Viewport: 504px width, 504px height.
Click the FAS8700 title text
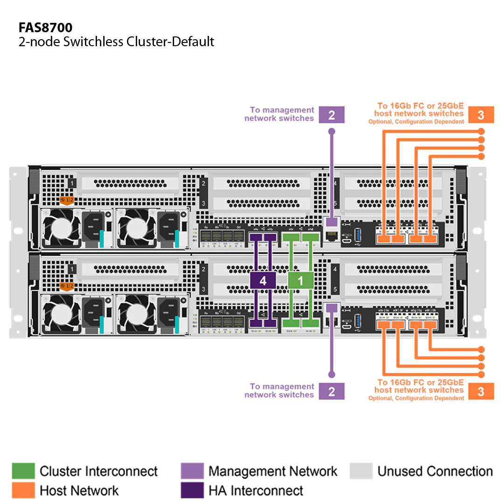pos(45,27)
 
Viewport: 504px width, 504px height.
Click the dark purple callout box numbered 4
pos(263,280)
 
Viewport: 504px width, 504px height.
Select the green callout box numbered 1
pos(301,280)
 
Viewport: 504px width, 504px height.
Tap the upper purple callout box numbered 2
pos(331,115)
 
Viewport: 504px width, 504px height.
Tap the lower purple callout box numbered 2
pos(331,391)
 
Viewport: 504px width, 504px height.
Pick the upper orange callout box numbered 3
pos(481,115)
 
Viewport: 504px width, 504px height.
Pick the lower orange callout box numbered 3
pos(481,391)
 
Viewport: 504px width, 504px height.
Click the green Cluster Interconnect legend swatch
pos(23,471)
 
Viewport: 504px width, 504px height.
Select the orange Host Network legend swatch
pos(23,490)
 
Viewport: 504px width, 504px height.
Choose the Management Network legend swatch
pos(192,471)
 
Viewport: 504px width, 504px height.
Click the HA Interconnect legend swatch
pos(192,490)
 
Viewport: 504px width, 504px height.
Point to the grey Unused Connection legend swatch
pos(361,471)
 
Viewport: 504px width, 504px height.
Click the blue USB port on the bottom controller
pos(358,321)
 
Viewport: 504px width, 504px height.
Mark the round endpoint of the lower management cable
pos(331,374)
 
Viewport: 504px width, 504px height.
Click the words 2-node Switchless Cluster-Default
pos(116,42)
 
